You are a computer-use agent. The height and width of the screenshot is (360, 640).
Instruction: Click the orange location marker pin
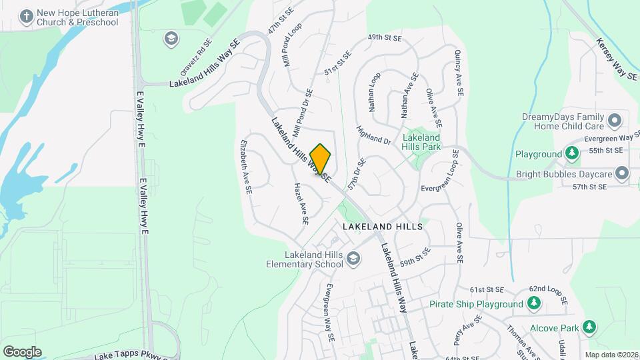321,159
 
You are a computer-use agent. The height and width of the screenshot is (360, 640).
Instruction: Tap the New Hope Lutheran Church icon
27,16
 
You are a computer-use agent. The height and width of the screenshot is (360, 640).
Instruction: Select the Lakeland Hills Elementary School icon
353,259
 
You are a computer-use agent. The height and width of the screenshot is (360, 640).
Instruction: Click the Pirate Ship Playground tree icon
533,304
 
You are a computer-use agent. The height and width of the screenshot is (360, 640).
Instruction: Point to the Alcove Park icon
589,327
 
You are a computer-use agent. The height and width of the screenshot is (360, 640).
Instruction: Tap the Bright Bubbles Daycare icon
622,174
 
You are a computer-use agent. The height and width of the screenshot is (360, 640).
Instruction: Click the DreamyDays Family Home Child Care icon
615,121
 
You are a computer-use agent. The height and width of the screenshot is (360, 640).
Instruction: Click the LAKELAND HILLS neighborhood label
383,227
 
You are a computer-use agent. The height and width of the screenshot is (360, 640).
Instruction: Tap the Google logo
22,351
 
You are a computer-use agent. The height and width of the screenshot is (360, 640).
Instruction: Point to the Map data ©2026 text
611,354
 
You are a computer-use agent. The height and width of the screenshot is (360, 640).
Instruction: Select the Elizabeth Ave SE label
246,166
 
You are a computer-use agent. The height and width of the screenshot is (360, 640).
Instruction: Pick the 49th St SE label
385,39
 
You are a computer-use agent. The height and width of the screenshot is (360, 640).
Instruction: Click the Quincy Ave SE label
459,74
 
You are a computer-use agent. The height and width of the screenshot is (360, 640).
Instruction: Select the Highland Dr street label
373,135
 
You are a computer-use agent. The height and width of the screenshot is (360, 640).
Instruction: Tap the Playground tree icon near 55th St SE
572,154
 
